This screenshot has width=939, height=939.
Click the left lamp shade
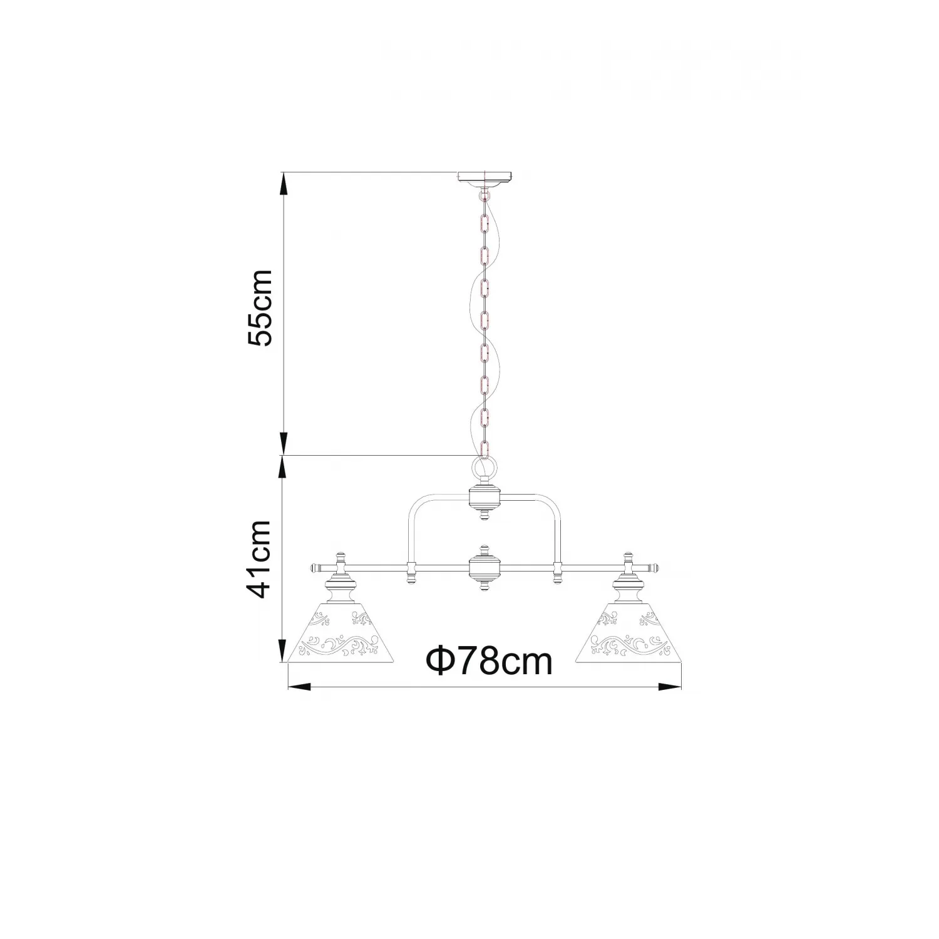(x=341, y=631)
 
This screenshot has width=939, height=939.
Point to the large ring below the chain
(x=485, y=467)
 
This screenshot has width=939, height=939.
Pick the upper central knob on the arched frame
(x=485, y=499)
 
